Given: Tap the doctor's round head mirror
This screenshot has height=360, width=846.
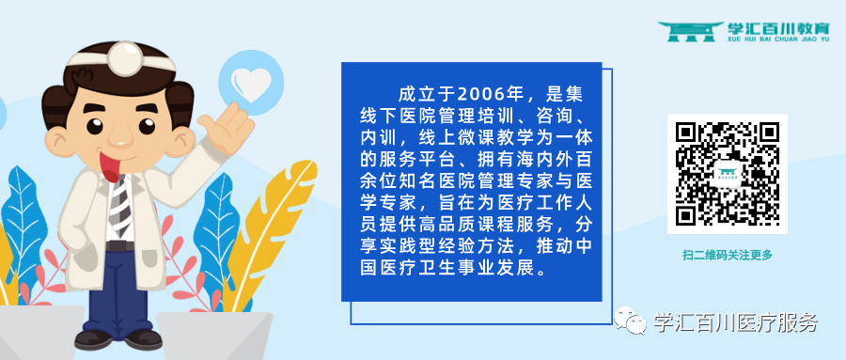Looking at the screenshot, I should click(124, 59).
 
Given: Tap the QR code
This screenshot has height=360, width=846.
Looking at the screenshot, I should click(727, 175).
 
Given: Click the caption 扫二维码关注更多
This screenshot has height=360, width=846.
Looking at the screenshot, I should click(727, 255).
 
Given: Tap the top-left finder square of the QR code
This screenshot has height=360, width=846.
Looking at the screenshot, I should click(686, 133).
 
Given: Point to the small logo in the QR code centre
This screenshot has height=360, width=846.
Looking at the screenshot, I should click(727, 175).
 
